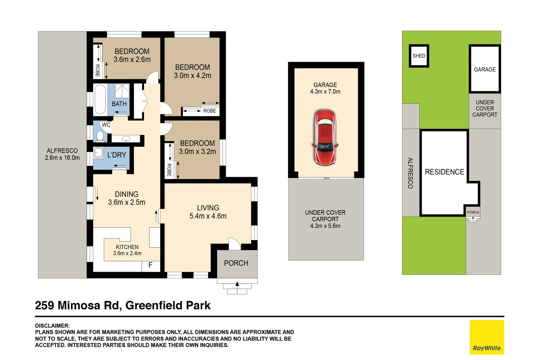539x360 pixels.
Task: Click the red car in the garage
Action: coord(325,138)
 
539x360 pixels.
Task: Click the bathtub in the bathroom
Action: coord(100,99)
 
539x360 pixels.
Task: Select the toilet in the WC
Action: coord(100,136)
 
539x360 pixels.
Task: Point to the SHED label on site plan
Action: coord(419,56)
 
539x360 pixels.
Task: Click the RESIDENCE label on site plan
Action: coord(444,172)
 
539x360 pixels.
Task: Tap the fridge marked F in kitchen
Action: coord(151,265)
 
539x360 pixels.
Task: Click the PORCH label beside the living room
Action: coord(236,263)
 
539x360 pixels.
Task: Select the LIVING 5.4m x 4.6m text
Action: coord(208,212)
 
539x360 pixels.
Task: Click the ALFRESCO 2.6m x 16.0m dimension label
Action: coord(62,154)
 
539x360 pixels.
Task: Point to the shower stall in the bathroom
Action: coord(122,91)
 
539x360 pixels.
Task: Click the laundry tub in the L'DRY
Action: coord(99,153)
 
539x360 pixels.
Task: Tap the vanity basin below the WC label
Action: coord(126,138)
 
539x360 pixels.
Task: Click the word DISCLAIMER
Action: coord(52,326)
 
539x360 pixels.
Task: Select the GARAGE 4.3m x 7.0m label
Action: coord(325,88)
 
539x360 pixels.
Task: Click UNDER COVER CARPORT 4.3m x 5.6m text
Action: coord(325,219)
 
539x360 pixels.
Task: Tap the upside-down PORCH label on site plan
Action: coord(473,212)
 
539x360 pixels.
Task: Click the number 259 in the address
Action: coord(44,305)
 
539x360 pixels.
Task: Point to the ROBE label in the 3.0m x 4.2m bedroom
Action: coord(209,111)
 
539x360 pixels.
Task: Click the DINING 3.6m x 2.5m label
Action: coord(127,198)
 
